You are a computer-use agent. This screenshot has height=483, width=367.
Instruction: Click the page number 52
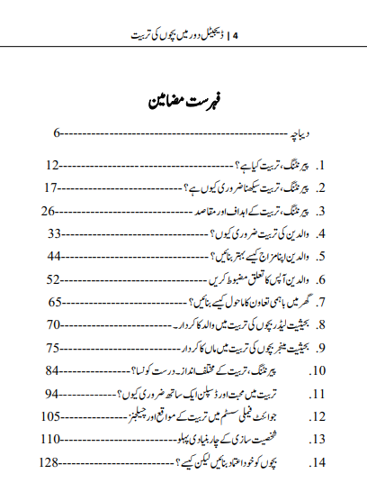click(54, 278)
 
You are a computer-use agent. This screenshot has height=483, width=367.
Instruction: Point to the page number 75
click(54, 348)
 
